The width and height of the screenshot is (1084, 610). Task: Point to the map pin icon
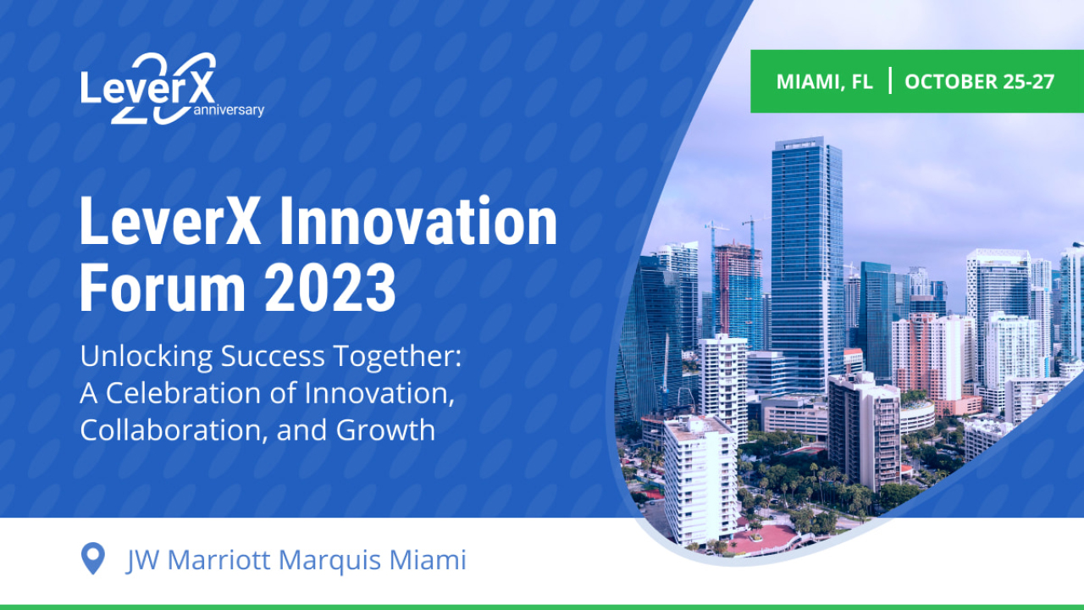(92, 559)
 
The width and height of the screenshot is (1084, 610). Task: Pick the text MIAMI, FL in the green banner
(824, 82)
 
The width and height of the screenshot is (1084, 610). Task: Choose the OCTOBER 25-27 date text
(980, 82)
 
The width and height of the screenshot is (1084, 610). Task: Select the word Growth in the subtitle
(386, 430)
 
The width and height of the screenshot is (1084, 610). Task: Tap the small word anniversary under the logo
(229, 110)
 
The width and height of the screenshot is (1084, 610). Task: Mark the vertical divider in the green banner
(889, 81)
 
